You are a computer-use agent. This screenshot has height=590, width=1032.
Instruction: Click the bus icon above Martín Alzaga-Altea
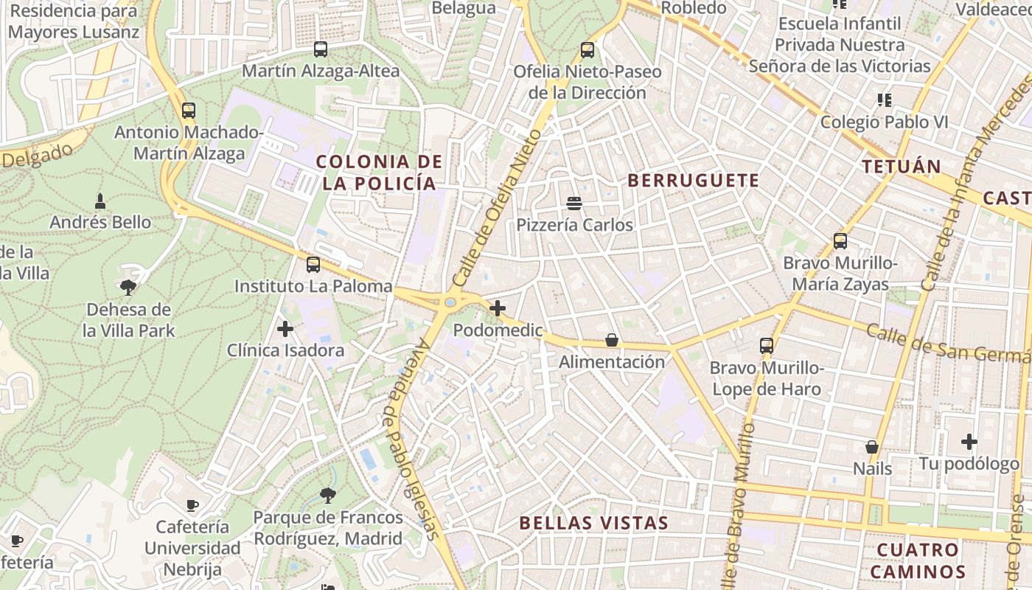point(320,49)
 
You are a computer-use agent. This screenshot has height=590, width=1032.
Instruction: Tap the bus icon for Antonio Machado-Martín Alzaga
point(189,111)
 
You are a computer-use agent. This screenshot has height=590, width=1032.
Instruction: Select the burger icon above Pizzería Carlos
point(574,203)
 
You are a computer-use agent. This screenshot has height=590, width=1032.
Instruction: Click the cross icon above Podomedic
point(498,308)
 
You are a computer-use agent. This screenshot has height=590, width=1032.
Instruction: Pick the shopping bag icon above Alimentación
point(612,340)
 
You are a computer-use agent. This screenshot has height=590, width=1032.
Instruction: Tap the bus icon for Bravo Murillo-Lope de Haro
point(767,345)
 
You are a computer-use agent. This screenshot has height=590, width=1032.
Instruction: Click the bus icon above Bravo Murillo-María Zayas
point(840,241)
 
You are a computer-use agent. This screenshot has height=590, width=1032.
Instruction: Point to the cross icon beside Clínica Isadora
point(285,329)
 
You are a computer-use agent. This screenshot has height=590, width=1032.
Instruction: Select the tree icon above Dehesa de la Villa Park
point(128,288)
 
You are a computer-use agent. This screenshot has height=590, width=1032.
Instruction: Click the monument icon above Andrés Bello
point(100,201)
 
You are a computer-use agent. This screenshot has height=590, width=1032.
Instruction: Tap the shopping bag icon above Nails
point(872,447)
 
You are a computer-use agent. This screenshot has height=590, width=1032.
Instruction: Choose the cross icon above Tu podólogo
point(969,442)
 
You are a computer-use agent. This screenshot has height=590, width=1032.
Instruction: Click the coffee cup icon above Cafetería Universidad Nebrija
point(192,505)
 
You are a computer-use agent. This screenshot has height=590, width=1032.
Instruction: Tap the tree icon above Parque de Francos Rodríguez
point(328,495)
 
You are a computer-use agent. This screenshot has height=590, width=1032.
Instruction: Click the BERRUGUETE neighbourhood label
point(693,181)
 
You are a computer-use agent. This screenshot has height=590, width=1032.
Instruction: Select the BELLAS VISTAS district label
point(593,523)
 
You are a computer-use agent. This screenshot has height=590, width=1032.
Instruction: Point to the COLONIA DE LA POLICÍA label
point(379,173)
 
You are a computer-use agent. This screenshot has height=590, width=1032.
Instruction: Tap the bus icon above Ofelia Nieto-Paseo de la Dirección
point(587,50)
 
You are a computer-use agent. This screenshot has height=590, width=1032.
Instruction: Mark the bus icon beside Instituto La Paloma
point(313,265)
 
